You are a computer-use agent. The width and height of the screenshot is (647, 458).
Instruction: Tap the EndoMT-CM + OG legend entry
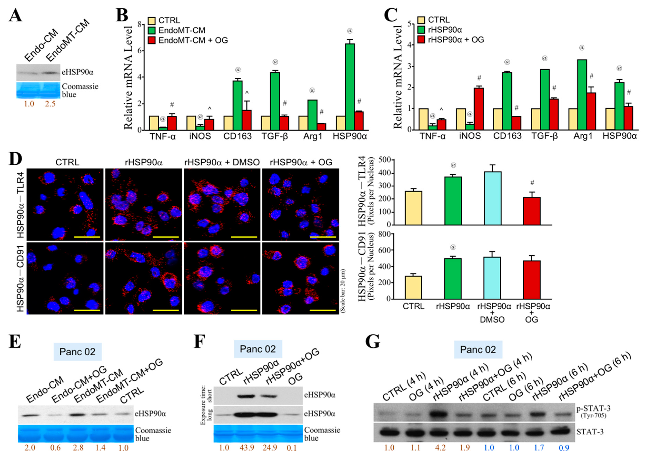tap(193, 40)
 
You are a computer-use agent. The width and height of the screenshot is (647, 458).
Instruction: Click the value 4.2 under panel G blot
tap(440, 447)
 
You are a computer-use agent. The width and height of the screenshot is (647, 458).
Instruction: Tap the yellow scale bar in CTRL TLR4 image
tap(87, 237)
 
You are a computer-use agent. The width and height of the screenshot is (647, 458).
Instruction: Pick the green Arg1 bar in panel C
tap(582, 95)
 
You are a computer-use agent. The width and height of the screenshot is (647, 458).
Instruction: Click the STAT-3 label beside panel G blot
tap(590, 432)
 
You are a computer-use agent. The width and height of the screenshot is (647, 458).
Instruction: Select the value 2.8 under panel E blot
tap(78, 447)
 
